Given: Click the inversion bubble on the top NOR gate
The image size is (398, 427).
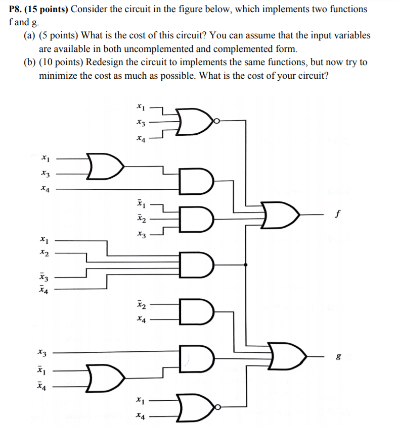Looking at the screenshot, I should pos(216,121).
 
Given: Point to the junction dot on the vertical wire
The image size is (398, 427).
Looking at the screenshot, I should pos(246,264).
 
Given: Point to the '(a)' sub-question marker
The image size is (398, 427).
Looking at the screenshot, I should pos(29,36).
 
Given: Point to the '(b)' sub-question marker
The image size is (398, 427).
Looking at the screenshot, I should pos(30,62).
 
